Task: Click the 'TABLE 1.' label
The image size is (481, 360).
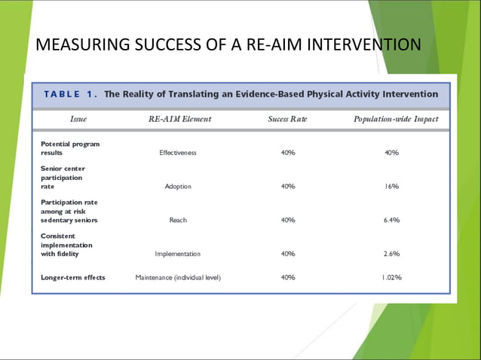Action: [71, 94]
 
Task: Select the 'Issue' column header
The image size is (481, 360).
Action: [78, 119]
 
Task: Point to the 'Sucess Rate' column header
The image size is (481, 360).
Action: [287, 119]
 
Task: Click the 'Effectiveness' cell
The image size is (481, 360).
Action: [178, 152]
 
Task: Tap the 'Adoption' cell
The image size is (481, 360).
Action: [178, 186]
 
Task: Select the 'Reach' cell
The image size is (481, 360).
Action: [178, 220]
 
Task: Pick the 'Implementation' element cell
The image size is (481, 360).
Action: [178, 254]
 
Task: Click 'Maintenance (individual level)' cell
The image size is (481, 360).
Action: [178, 277]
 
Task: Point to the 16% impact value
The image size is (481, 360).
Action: [391, 186]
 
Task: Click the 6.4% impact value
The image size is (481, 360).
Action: [391, 220]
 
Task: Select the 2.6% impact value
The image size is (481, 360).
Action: [391, 254]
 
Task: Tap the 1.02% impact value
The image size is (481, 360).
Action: [391, 277]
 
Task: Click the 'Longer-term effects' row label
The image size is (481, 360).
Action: [73, 277]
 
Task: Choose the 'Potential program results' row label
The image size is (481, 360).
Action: [70, 148]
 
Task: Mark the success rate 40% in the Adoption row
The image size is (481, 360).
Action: [287, 186]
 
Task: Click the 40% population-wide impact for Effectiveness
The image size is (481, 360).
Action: [391, 152]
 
